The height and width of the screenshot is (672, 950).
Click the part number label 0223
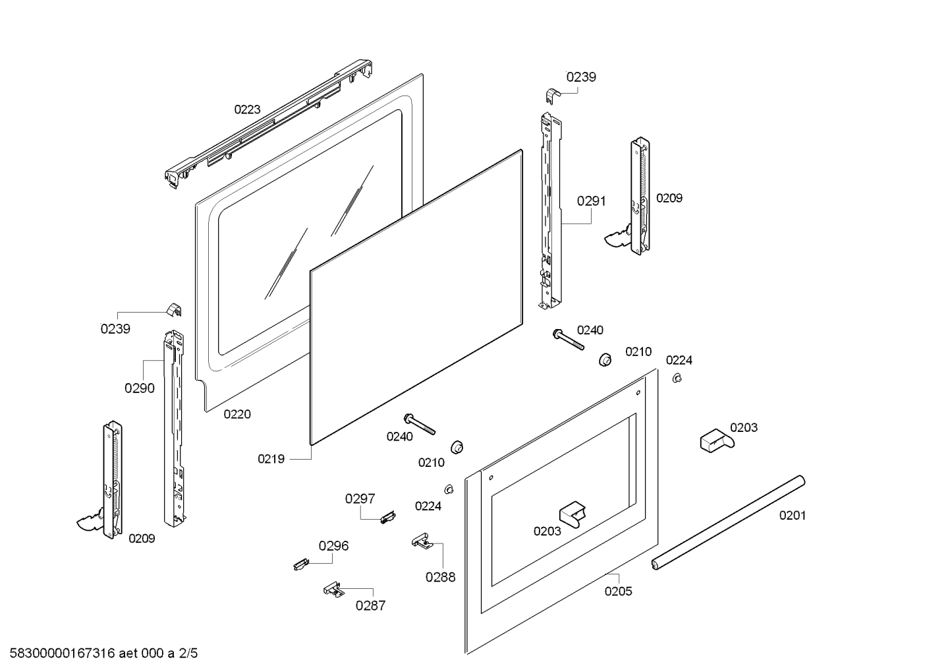click(x=247, y=109)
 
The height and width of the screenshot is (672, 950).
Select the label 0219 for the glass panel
click(x=271, y=459)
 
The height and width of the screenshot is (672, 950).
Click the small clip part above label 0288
click(x=421, y=541)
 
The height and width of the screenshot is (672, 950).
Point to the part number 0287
click(x=370, y=605)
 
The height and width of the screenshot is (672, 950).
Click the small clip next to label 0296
click(x=300, y=564)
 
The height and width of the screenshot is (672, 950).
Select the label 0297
click(x=360, y=499)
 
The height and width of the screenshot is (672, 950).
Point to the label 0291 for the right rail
click(x=591, y=201)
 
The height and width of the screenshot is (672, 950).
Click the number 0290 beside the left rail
click(x=139, y=388)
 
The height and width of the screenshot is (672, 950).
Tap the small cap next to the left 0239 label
click(x=173, y=309)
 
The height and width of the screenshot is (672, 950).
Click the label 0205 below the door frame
click(x=618, y=592)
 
